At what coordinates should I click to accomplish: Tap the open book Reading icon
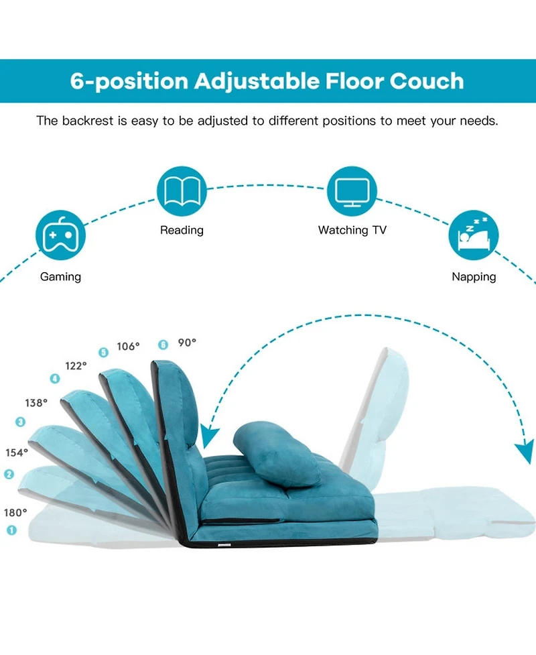click(x=182, y=191)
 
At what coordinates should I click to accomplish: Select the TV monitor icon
click(x=352, y=191)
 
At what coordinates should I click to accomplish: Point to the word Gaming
click(x=60, y=277)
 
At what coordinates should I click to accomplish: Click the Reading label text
click(x=182, y=231)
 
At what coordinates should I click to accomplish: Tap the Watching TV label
click(x=352, y=231)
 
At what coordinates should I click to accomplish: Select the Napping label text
click(x=474, y=277)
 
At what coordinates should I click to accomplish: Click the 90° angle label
click(x=187, y=343)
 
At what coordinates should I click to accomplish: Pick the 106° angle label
click(x=128, y=347)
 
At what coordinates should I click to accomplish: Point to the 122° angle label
click(x=76, y=366)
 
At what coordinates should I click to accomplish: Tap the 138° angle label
click(x=37, y=403)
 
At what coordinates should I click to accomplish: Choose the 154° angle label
click(x=17, y=453)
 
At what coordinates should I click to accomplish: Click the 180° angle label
click(x=16, y=513)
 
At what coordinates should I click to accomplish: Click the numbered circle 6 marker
click(x=163, y=345)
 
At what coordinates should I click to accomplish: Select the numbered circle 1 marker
click(x=11, y=530)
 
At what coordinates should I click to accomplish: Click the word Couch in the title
click(x=426, y=81)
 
